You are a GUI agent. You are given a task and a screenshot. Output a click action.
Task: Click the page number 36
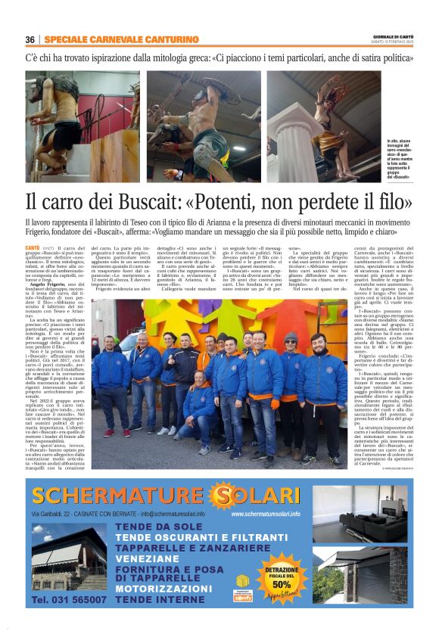[30, 40]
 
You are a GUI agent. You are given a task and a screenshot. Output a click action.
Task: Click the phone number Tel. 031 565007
[70, 598]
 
